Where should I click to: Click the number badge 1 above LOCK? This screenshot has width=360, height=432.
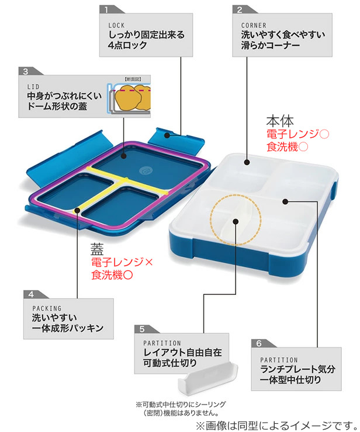(106, 9)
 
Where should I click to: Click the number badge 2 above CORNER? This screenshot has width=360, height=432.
(239, 9)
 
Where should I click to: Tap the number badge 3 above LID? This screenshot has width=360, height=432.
(25, 71)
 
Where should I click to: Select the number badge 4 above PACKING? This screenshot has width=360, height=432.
(30, 294)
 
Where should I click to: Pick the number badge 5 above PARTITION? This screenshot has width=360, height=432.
(141, 329)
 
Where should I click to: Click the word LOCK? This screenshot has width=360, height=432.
(117, 25)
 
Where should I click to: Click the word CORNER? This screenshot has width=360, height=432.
(253, 25)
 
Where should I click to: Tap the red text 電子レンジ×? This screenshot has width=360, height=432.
(122, 263)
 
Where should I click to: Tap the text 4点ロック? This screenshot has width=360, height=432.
(130, 46)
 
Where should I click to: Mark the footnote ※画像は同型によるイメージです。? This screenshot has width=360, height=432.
(275, 424)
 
